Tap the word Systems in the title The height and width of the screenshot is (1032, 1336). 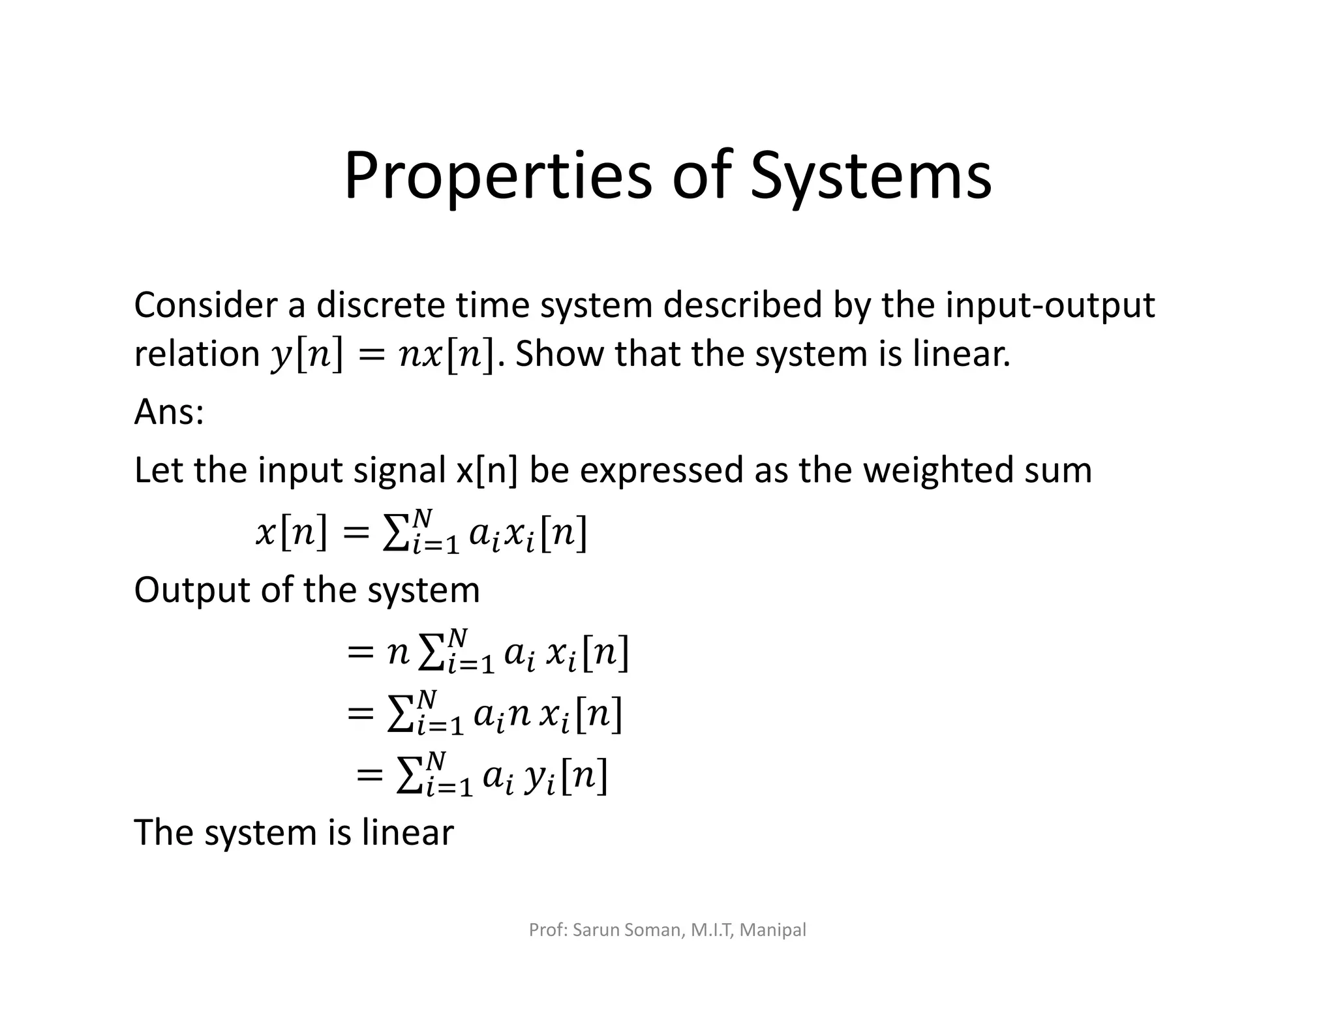(871, 176)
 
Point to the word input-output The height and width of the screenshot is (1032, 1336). (1050, 305)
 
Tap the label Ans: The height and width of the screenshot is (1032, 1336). (169, 412)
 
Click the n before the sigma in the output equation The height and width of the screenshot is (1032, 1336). (397, 652)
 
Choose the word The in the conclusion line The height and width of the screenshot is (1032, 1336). (163, 832)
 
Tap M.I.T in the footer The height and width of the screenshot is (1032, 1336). (712, 930)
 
